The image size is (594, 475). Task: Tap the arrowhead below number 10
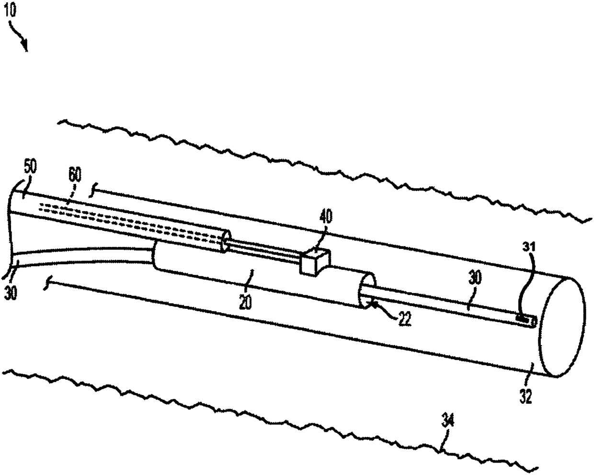click(x=25, y=46)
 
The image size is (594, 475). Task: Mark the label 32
click(x=526, y=396)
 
